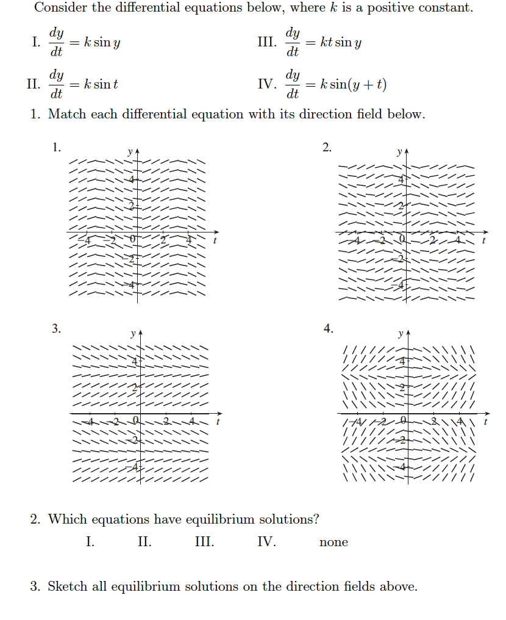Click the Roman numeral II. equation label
click(34, 84)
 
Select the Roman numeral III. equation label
click(267, 43)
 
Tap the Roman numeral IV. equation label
click(267, 84)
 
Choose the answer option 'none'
click(333, 542)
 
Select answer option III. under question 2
click(204, 542)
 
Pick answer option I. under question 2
click(90, 542)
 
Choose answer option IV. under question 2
click(266, 542)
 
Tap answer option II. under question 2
click(144, 542)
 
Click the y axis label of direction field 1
click(130, 151)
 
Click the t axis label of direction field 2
click(483, 241)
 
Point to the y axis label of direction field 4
click(400, 334)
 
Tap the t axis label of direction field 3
click(218, 422)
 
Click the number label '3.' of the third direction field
click(56, 329)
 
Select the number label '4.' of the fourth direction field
click(329, 329)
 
